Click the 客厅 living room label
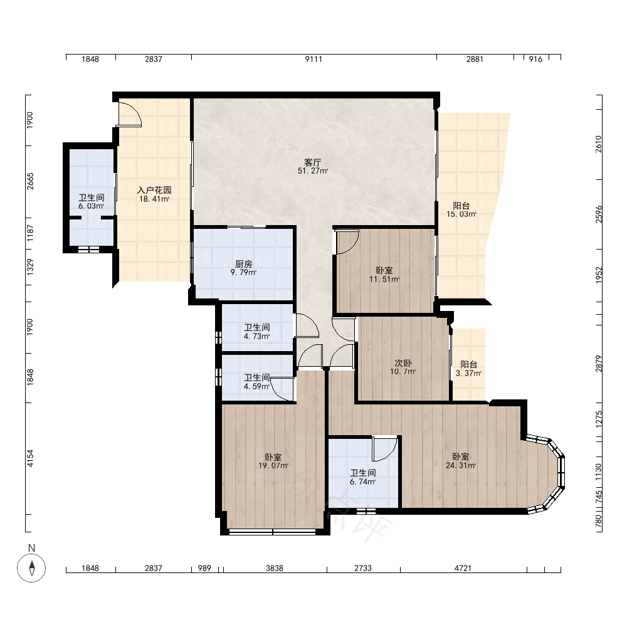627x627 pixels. coord(313,162)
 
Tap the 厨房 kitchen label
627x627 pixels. coord(243,264)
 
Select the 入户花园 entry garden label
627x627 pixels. coord(154,190)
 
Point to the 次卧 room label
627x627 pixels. coord(403,363)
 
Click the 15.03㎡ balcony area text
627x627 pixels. coord(461,214)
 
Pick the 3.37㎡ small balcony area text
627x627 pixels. coord(468,374)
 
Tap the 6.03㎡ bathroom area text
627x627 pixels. coord(92,206)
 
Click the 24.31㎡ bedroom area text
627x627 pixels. coord(461,465)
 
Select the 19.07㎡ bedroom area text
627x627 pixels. coord(273,465)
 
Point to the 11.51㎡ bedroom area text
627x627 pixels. coord(384,279)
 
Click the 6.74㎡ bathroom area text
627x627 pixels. coord(362,482)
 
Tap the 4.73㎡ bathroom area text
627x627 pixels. coord(256,336)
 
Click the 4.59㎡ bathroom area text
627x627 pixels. coord(256,387)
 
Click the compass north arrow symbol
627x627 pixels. coord(31,568)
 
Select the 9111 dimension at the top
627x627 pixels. coord(313,59)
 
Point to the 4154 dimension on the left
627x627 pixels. coord(30,458)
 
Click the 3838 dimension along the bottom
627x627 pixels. coord(275,568)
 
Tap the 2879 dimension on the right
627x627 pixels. coord(599,364)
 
